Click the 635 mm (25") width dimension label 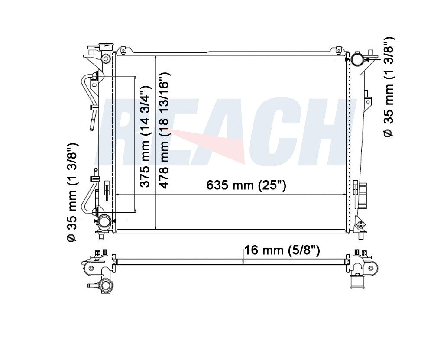(x=246, y=185)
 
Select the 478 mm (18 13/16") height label (x=165, y=130)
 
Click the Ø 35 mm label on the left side (x=72, y=192)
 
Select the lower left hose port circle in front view (x=104, y=221)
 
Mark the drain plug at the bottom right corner (x=360, y=225)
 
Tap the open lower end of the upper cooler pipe (x=92, y=126)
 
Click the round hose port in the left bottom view (x=106, y=285)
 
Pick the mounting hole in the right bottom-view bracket (x=371, y=268)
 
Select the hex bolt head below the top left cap (x=105, y=58)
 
